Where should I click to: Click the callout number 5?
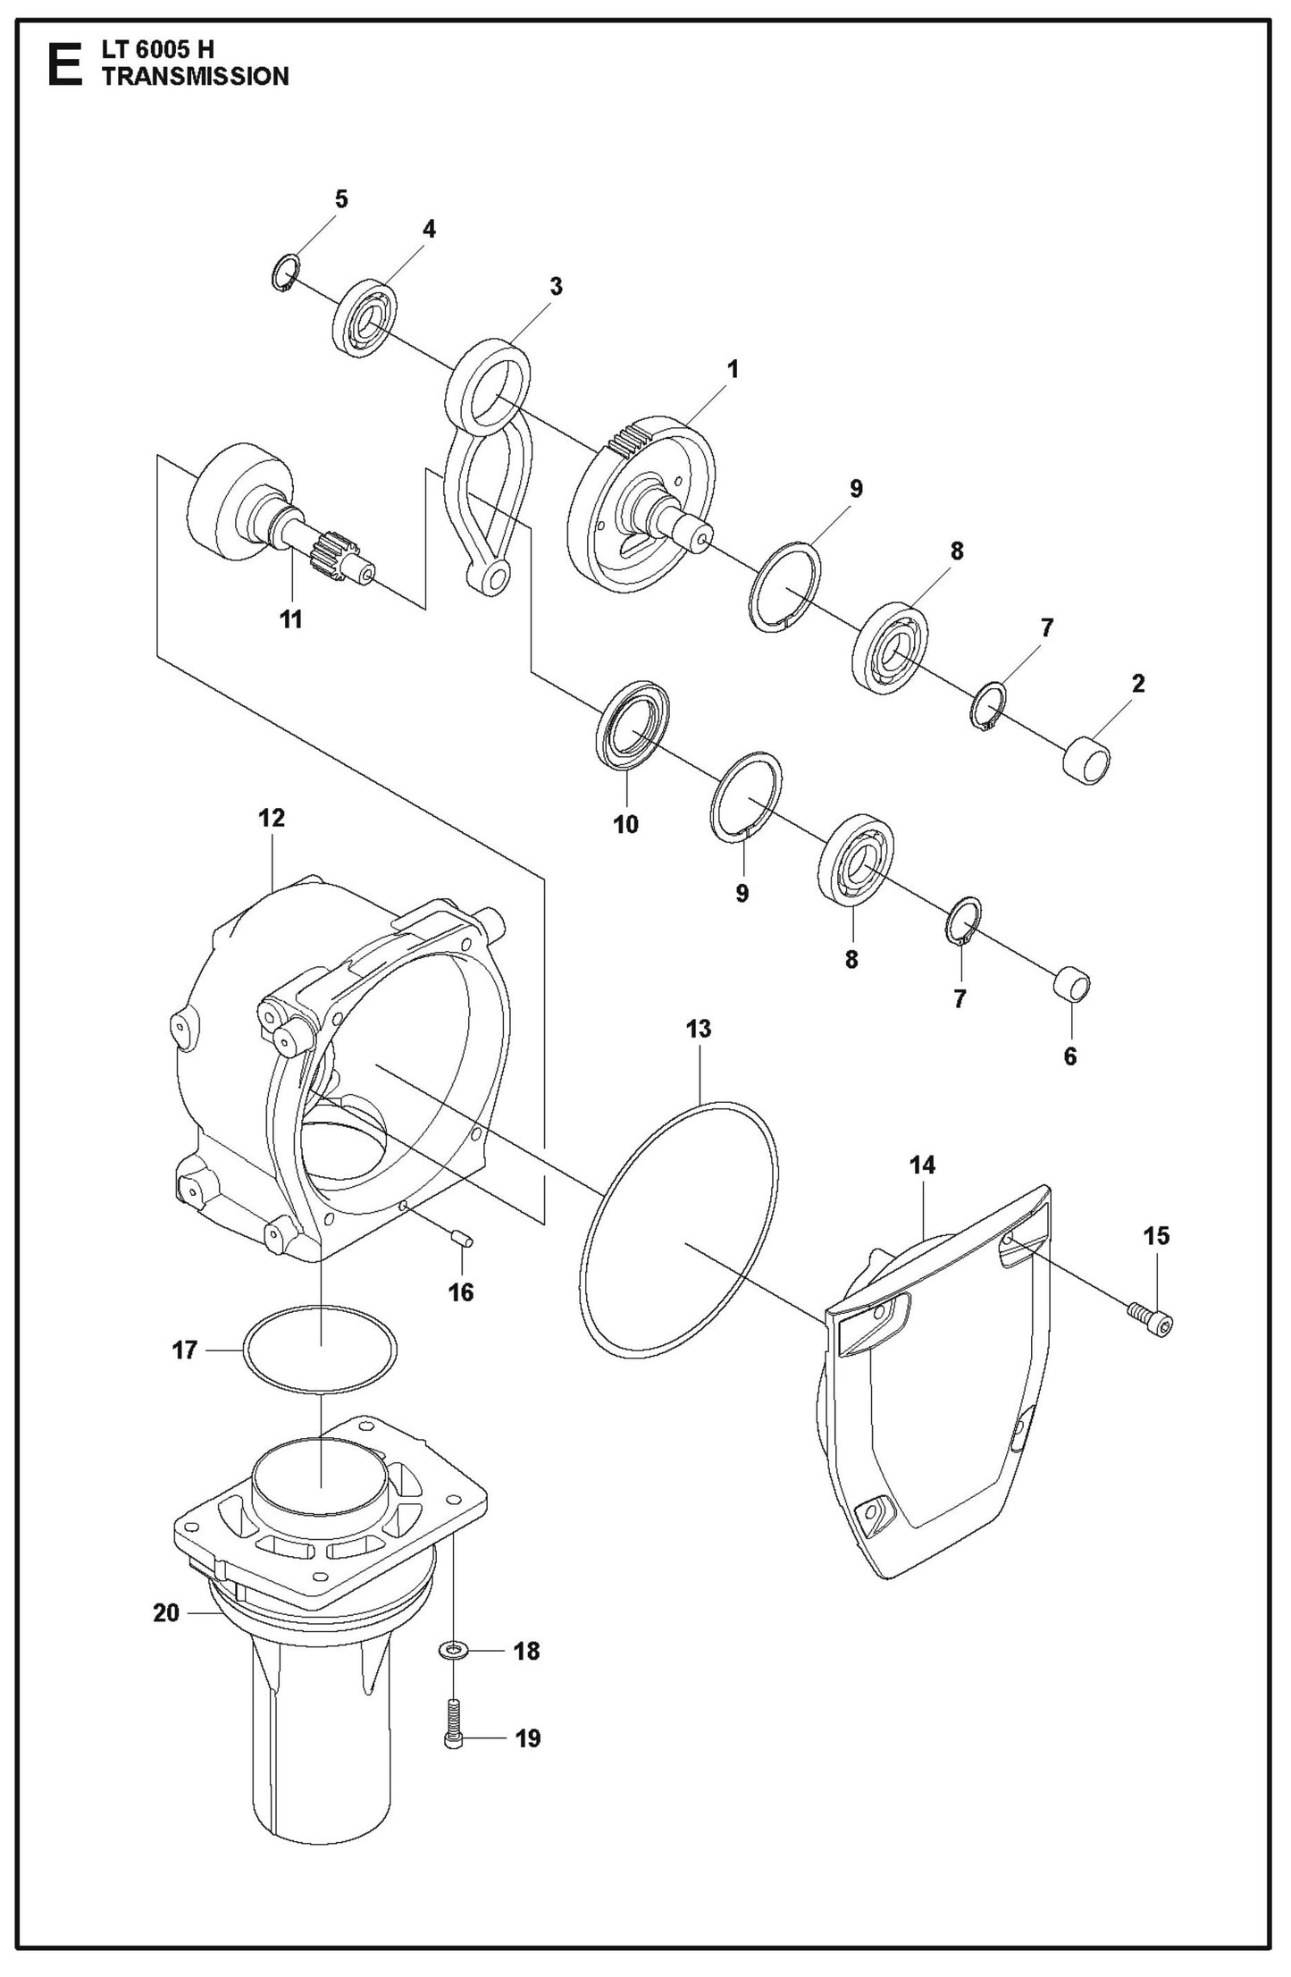click(x=340, y=199)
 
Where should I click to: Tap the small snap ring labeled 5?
click(x=284, y=272)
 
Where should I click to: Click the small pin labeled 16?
click(x=463, y=1239)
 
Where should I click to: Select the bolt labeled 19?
click(x=453, y=1712)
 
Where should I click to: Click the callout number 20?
click(x=167, y=1613)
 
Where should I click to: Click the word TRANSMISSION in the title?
click(x=196, y=77)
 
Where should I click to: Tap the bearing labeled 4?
click(x=365, y=320)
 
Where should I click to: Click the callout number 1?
click(x=733, y=368)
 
